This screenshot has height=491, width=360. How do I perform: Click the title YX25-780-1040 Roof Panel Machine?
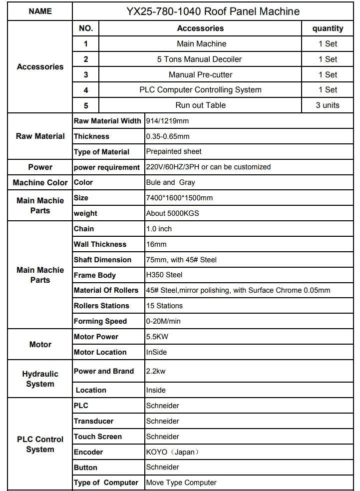tap(213, 11)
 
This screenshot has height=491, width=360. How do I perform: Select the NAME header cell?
tap(40, 11)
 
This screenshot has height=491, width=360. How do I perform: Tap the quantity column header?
tap(328, 28)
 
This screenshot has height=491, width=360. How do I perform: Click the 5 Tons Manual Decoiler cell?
tap(199, 59)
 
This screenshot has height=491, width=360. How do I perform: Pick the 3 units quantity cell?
tap(328, 105)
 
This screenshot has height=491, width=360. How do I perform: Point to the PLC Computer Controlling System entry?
tap(200, 90)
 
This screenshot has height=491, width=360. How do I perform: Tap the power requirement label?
tap(107, 167)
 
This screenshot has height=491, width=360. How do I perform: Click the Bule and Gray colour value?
tap(170, 182)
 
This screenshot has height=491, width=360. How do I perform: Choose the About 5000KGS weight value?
tap(172, 213)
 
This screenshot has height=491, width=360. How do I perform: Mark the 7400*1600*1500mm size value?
tap(179, 198)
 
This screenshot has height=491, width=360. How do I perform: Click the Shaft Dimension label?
tap(102, 260)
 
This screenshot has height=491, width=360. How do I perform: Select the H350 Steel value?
tap(164, 275)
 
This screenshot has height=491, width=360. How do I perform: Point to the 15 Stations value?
tap(164, 306)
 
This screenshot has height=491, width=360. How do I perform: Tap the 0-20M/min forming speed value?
tap(163, 321)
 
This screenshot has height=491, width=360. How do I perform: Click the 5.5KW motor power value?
tap(157, 337)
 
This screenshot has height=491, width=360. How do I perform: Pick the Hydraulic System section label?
tap(40, 379)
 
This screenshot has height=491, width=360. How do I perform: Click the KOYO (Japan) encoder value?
tap(172, 452)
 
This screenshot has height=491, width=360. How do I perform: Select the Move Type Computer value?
tap(181, 483)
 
